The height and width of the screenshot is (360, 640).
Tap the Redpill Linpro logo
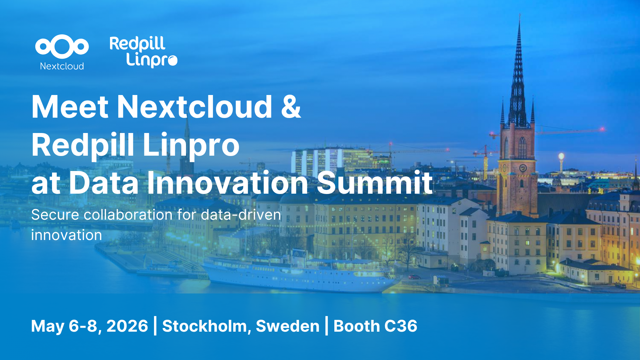pos(143,52)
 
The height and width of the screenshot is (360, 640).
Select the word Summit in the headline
pos(375,182)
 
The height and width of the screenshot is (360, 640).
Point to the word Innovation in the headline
pos(228,182)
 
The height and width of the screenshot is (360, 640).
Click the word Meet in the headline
pos(70,107)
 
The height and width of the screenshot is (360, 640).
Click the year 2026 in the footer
pos(127,326)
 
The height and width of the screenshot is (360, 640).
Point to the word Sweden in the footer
pos(288,326)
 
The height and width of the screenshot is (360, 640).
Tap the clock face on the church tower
pos(523,168)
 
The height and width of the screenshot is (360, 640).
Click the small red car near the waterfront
pos(414,277)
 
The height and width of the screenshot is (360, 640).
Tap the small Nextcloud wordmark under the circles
pos(62,66)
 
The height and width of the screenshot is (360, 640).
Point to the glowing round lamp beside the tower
pos(561,156)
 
